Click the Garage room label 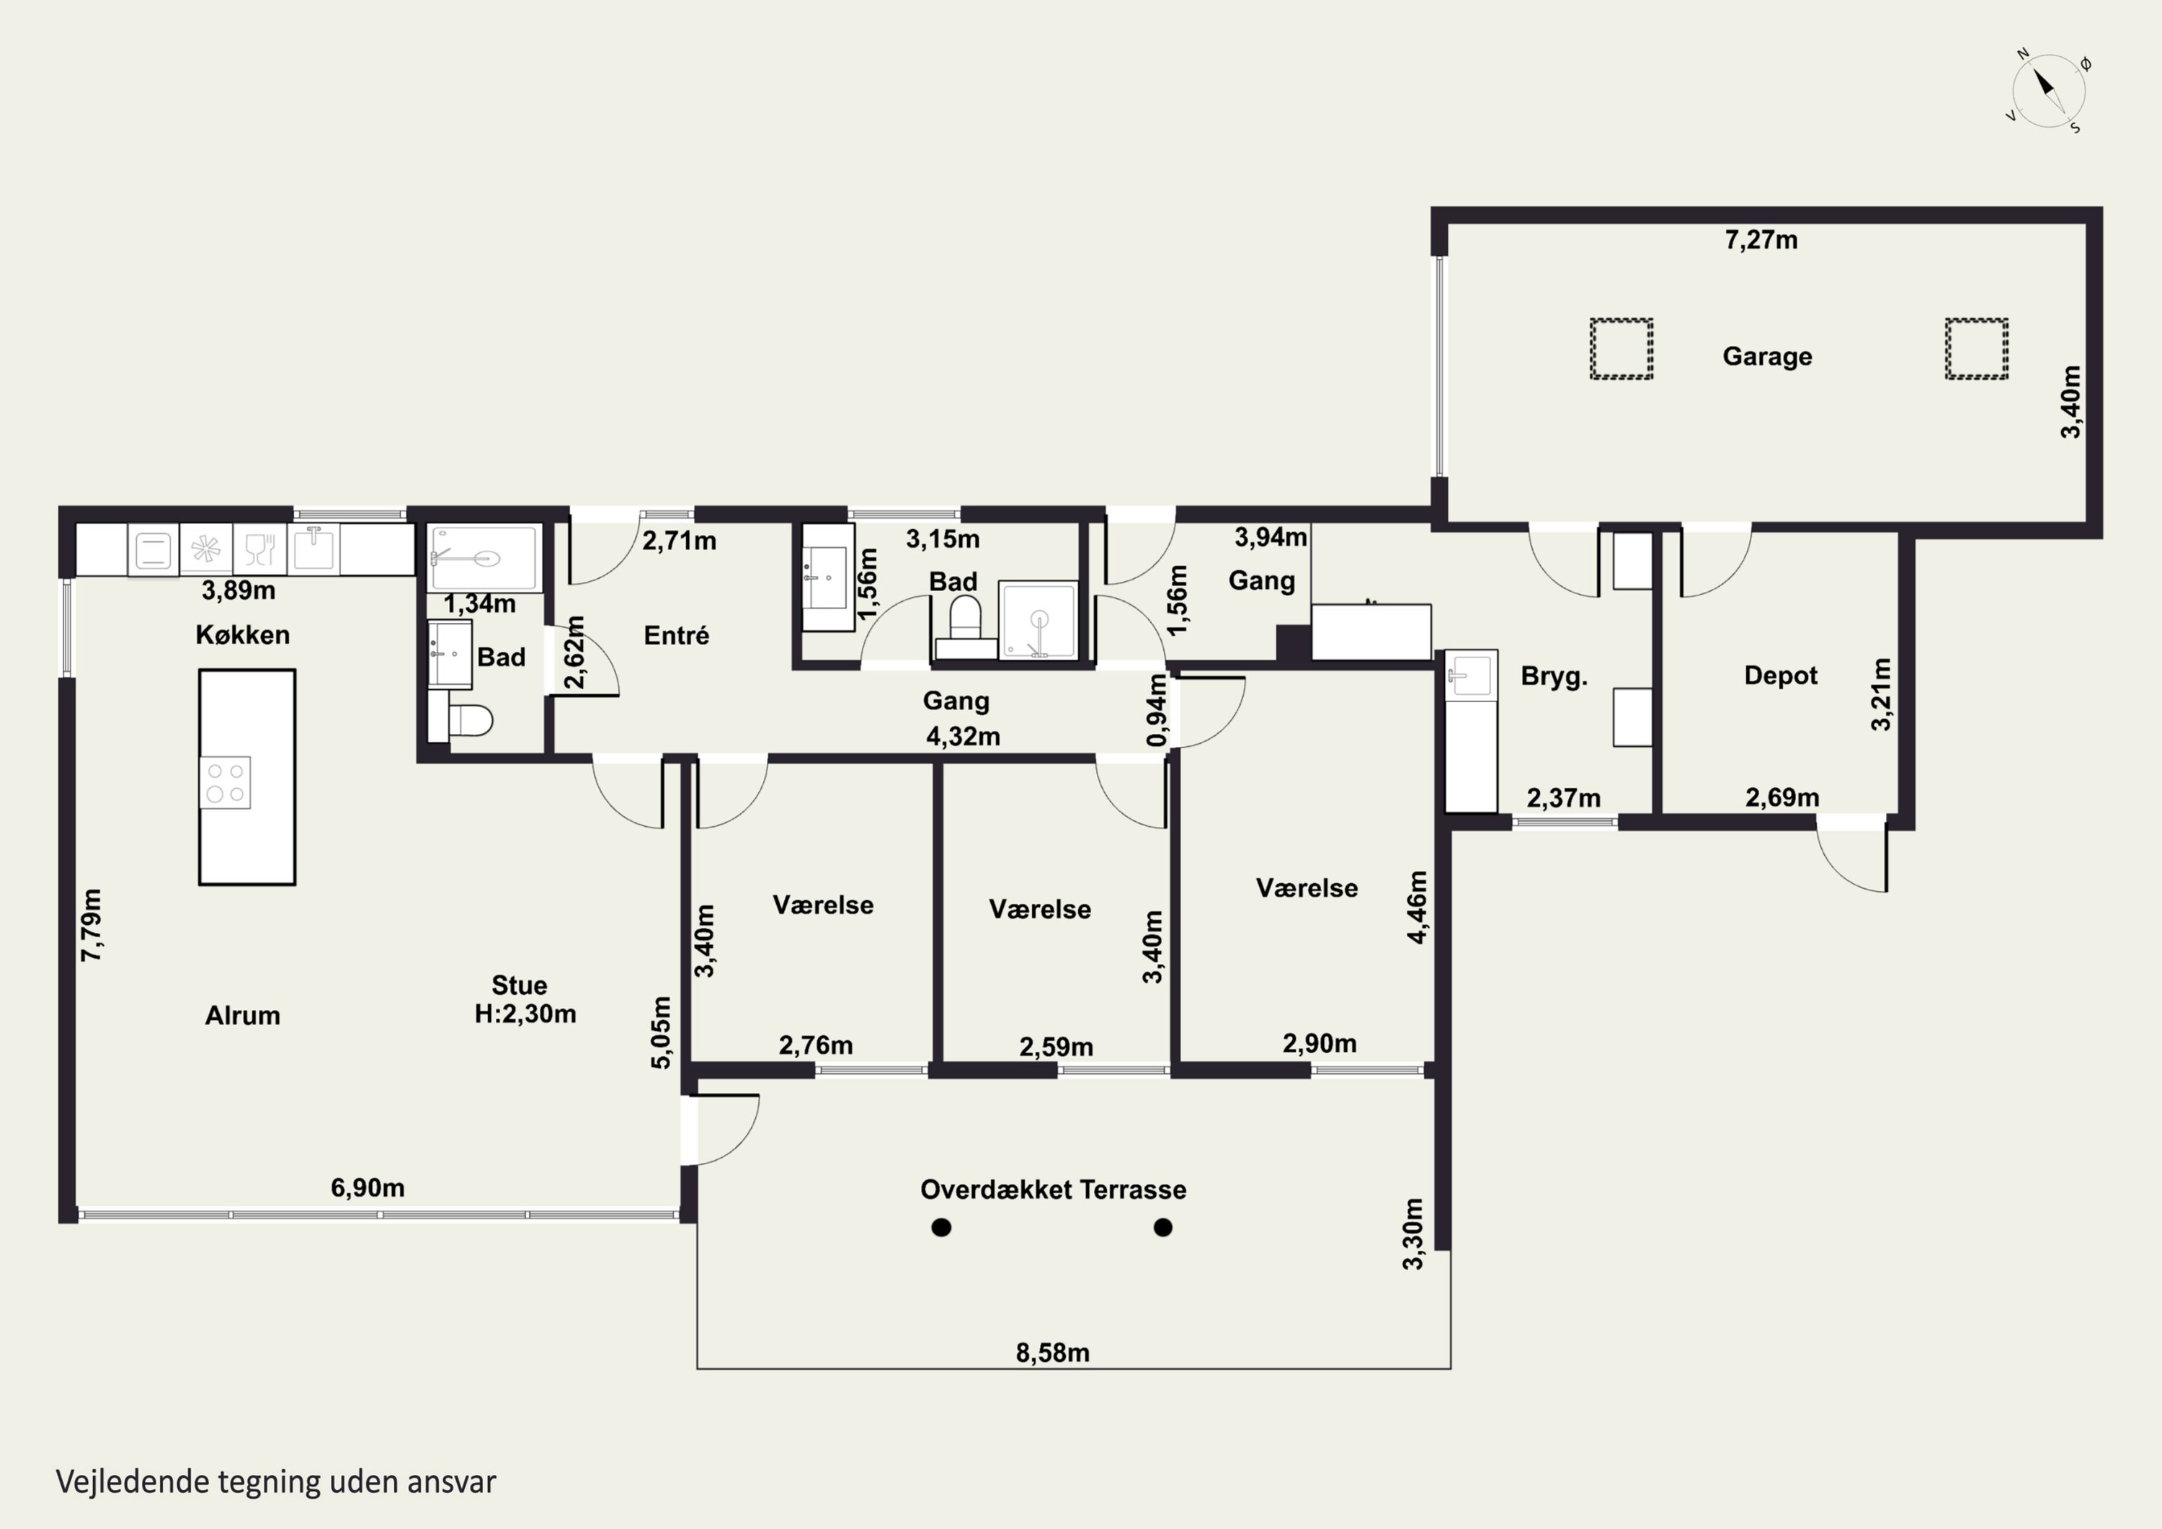pos(1766,356)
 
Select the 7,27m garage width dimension pos(1761,240)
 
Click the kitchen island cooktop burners pos(225,782)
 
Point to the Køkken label pos(243,634)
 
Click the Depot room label pos(1781,675)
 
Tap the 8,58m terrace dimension pos(1053,1353)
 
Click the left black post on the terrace pos(940,1227)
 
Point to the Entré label pos(676,635)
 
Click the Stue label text pos(519,985)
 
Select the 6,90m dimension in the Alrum pos(368,1188)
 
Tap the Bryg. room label pos(1554,676)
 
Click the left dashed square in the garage pos(1621,350)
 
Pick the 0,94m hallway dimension pos(1157,709)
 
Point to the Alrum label pos(242,1016)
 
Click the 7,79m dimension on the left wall pos(92,925)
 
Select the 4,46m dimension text pos(1417,907)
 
